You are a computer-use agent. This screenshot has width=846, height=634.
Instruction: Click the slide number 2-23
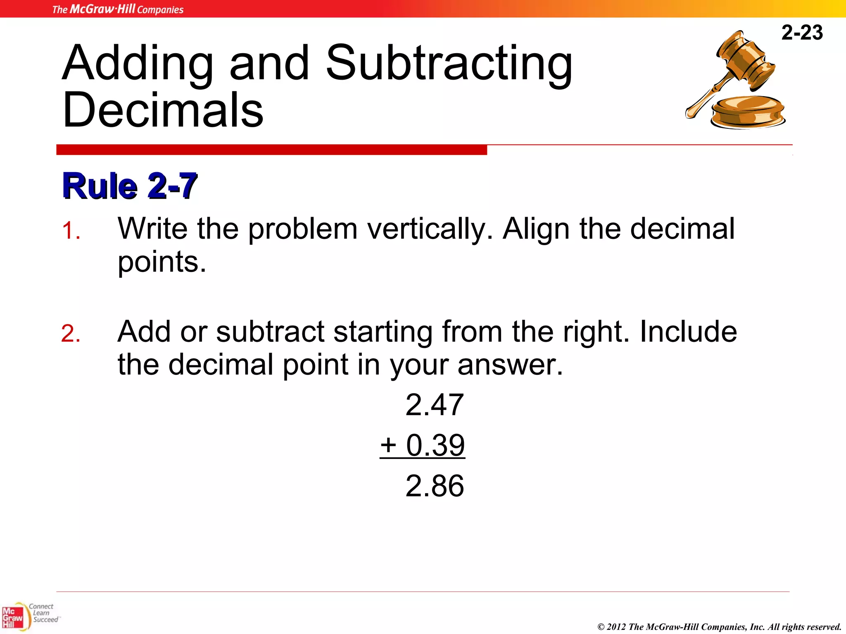point(802,33)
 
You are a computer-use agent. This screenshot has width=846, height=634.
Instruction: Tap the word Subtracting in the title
point(449,64)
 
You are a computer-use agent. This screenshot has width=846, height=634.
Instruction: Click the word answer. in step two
point(510,365)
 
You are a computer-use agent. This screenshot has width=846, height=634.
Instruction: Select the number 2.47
point(435,405)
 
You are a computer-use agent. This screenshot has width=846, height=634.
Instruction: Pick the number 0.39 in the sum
point(435,445)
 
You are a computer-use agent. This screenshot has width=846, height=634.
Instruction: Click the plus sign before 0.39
point(388,445)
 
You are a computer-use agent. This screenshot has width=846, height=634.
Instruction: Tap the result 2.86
point(435,486)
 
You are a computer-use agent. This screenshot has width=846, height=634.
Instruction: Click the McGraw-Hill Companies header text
point(118,9)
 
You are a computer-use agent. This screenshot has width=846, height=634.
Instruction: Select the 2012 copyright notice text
point(719,627)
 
